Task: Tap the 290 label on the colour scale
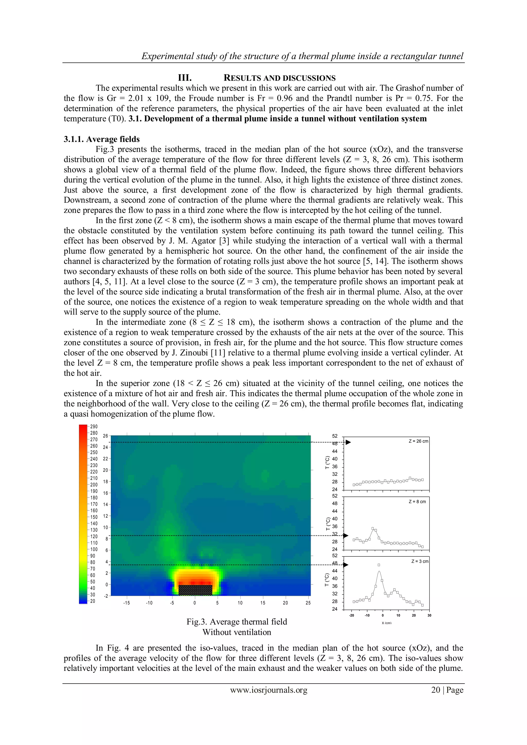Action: (94, 427)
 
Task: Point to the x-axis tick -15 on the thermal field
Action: (126, 603)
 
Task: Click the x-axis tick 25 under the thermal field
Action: (308, 603)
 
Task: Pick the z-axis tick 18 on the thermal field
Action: (106, 482)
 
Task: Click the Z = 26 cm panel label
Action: (418, 441)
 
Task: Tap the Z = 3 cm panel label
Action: (420, 561)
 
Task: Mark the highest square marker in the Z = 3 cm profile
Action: (379, 565)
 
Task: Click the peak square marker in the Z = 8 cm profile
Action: (373, 528)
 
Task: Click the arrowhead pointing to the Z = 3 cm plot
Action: (346, 565)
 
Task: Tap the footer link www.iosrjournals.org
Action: (268, 690)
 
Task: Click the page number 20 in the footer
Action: (435, 690)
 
